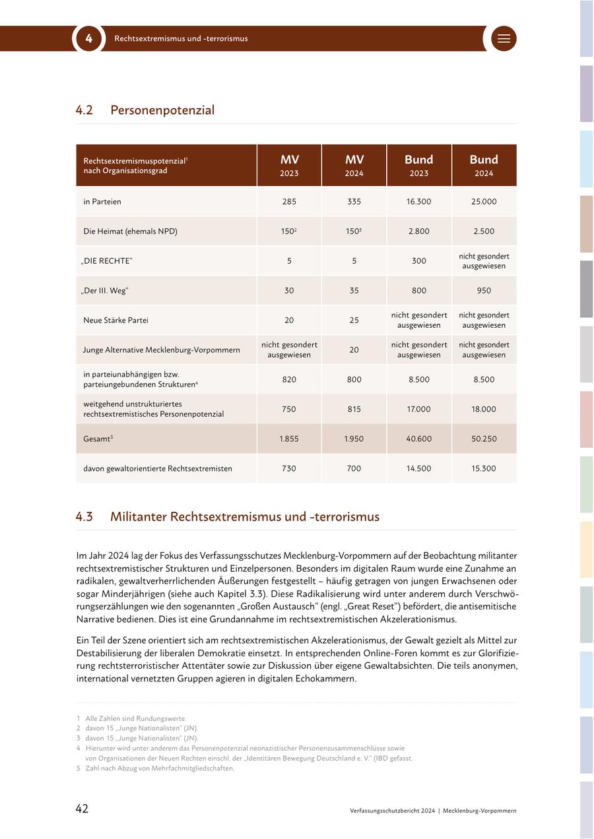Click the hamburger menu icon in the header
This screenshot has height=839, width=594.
[504, 38]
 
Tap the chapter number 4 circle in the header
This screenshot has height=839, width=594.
[88, 38]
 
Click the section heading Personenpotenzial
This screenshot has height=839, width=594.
[162, 110]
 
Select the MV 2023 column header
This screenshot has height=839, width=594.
[289, 166]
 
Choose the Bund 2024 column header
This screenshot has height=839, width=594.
[484, 166]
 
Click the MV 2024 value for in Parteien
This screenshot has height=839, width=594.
[354, 201]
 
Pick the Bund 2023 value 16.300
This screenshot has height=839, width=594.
[418, 201]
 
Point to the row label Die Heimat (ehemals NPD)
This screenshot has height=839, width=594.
[130, 231]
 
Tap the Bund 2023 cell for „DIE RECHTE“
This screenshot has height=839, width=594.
[418, 261]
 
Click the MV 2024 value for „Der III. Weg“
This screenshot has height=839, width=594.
[354, 290]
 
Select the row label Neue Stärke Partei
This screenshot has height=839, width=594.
[115, 320]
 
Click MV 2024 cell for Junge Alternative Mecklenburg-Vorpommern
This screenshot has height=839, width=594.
[354, 350]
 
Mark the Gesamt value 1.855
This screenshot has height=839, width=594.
[289, 439]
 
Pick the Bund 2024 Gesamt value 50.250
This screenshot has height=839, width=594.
[484, 439]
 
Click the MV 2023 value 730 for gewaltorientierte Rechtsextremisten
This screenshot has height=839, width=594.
[289, 468]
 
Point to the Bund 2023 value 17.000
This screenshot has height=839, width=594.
[418, 409]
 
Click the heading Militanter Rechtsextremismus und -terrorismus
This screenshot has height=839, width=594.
[245, 516]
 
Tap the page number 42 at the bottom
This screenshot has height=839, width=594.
[82, 809]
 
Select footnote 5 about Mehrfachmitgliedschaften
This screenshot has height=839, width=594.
[158, 768]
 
